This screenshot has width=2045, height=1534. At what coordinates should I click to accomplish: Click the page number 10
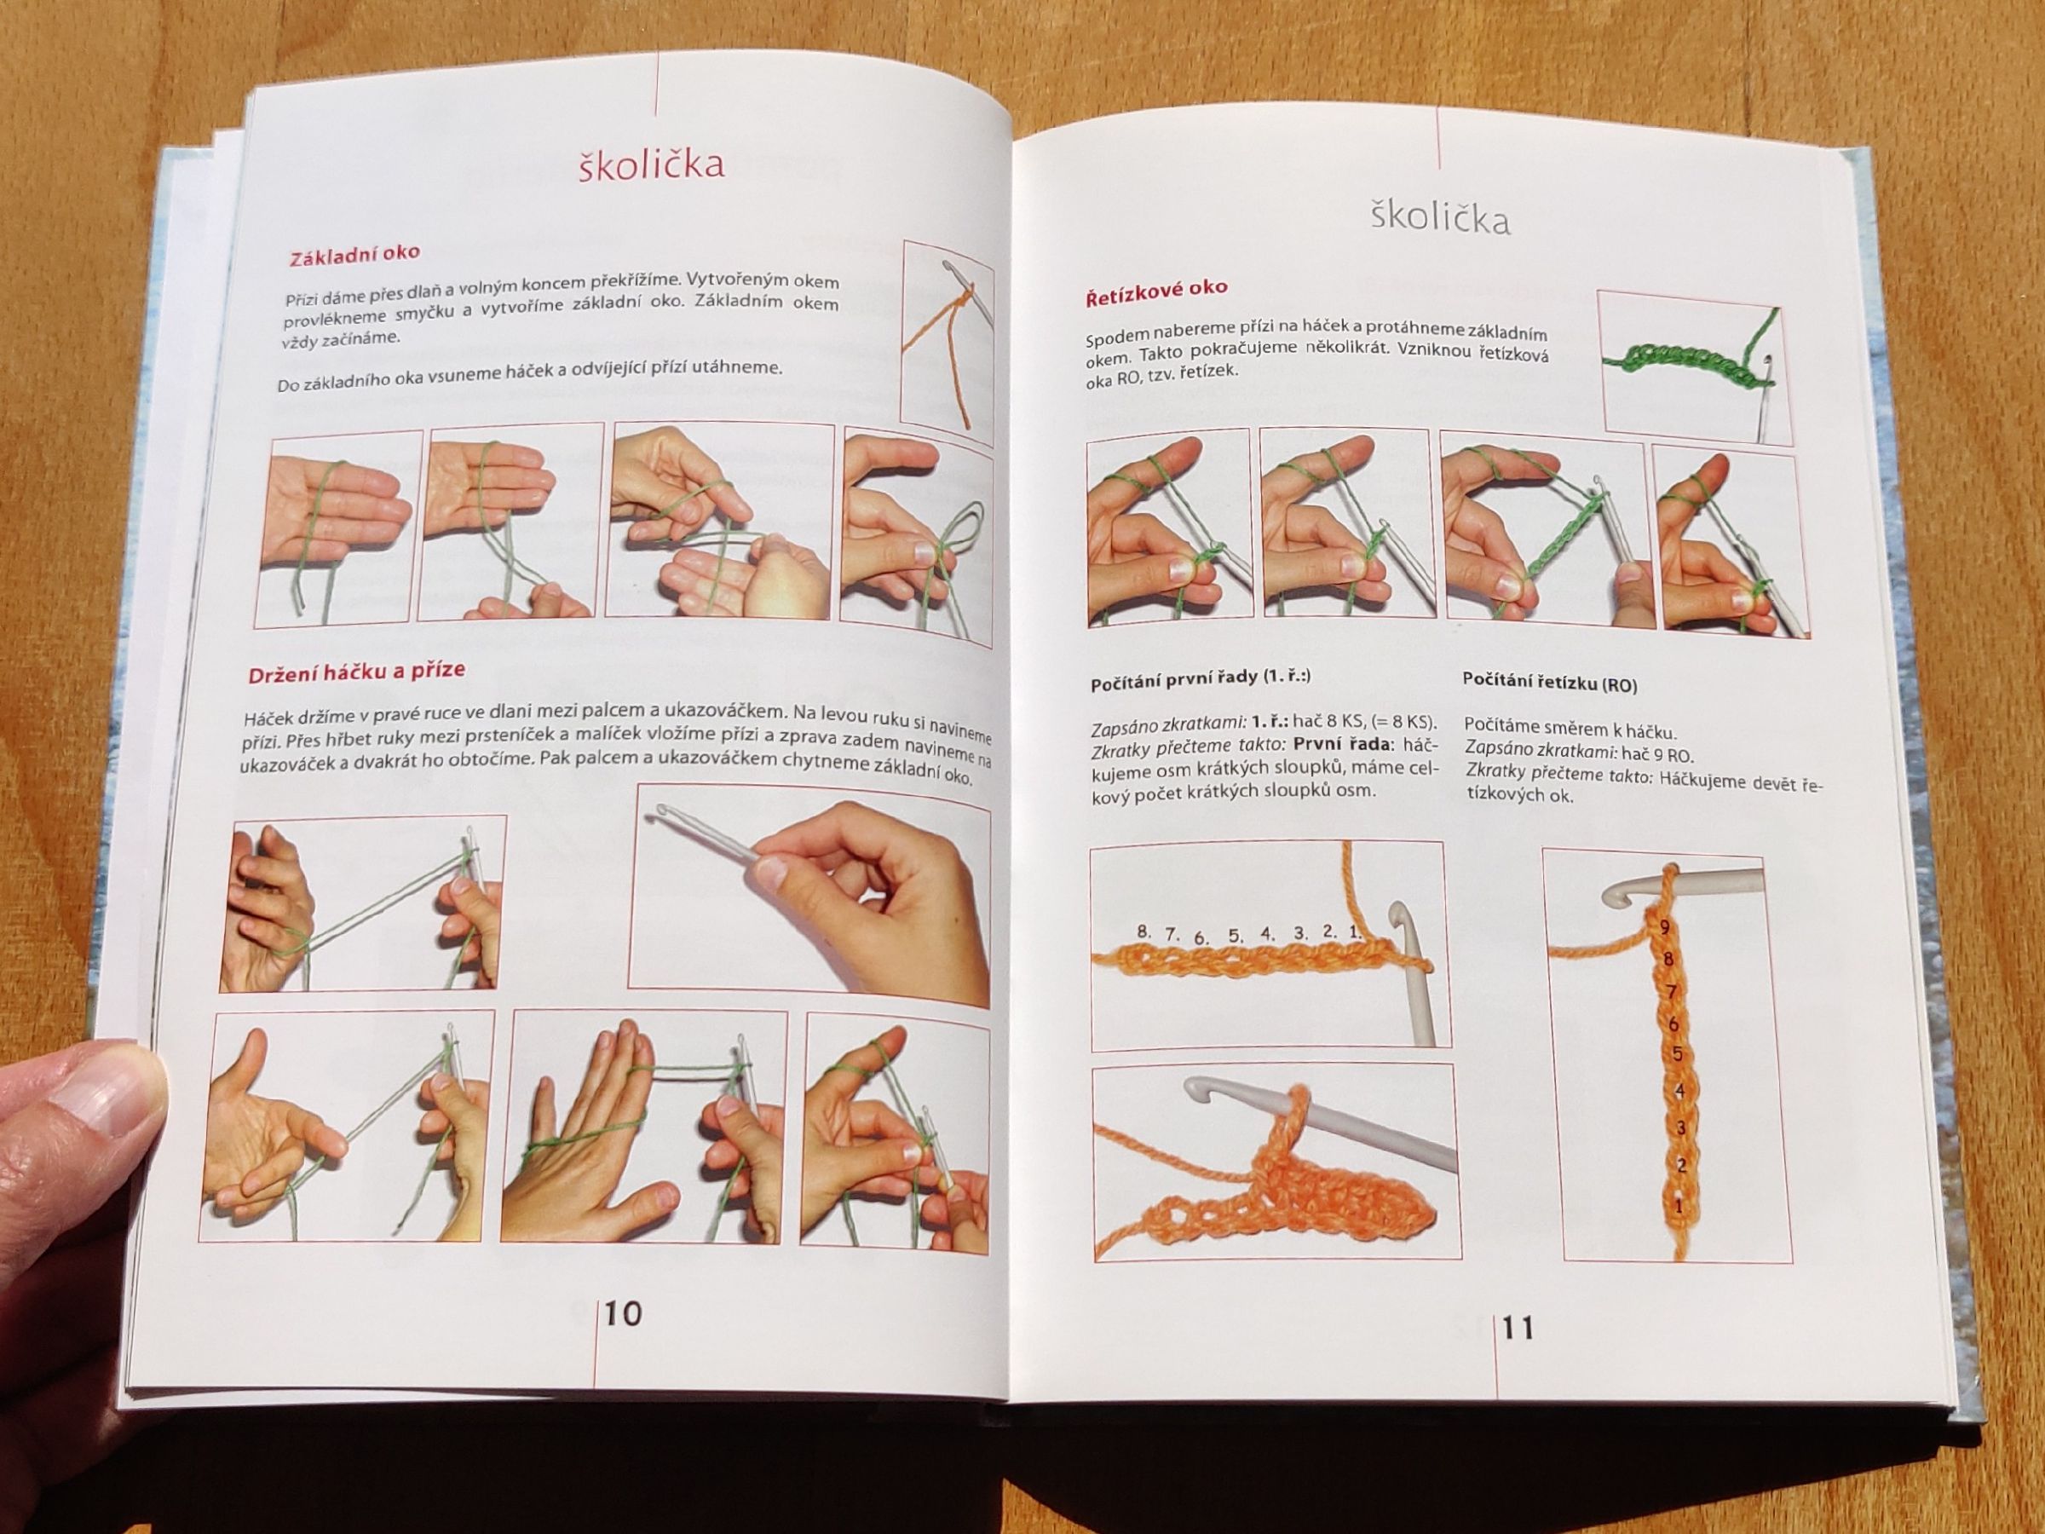coord(623,1314)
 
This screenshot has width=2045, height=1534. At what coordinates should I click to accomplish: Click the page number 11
coord(1519,1329)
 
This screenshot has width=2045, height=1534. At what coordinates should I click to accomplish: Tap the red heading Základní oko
coord(354,254)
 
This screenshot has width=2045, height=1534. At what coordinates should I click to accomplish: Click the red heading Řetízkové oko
coord(1156,293)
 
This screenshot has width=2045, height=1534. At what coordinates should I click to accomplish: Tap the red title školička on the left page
coord(651,164)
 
